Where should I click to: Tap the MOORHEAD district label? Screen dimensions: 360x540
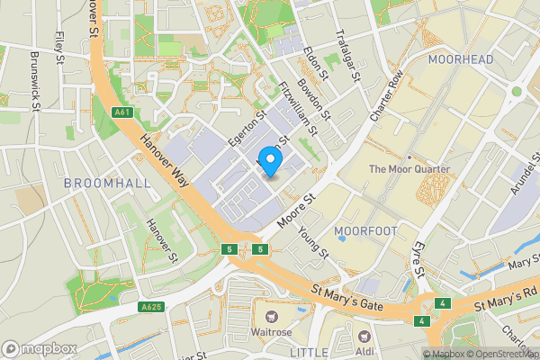(461, 59)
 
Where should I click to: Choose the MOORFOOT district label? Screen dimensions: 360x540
(365, 231)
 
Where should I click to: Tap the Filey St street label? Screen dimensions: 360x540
(60, 44)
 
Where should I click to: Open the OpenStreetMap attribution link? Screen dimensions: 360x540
(499, 354)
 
